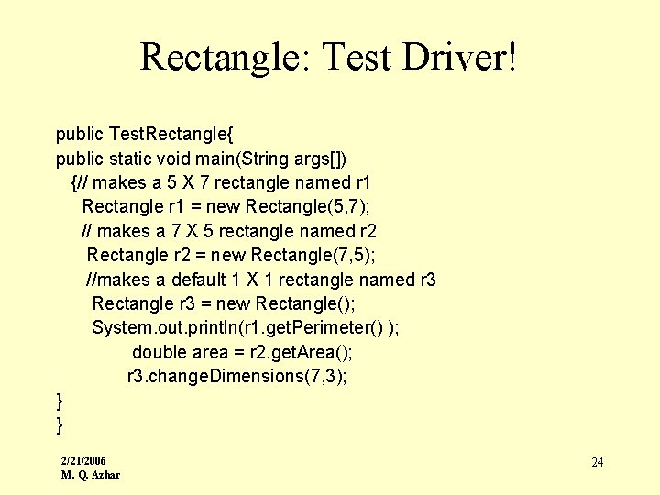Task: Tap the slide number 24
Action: click(597, 462)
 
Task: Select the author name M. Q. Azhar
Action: click(90, 474)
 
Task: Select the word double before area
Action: click(159, 352)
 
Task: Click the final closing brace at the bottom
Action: click(60, 424)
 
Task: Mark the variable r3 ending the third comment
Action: click(426, 279)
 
